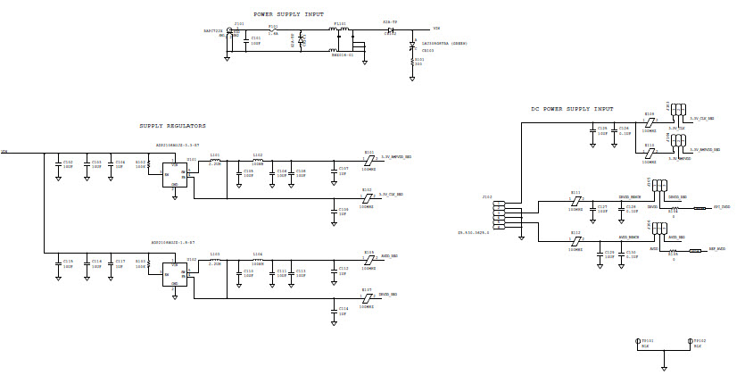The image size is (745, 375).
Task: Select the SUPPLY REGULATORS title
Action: [172, 126]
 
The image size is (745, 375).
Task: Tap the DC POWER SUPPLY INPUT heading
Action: [572, 109]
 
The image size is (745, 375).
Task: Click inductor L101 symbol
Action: [215, 159]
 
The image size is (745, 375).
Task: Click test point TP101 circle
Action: [638, 342]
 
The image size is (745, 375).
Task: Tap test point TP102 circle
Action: [690, 342]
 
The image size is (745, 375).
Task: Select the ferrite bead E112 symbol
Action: [575, 239]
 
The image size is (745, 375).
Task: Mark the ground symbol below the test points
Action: [664, 365]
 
